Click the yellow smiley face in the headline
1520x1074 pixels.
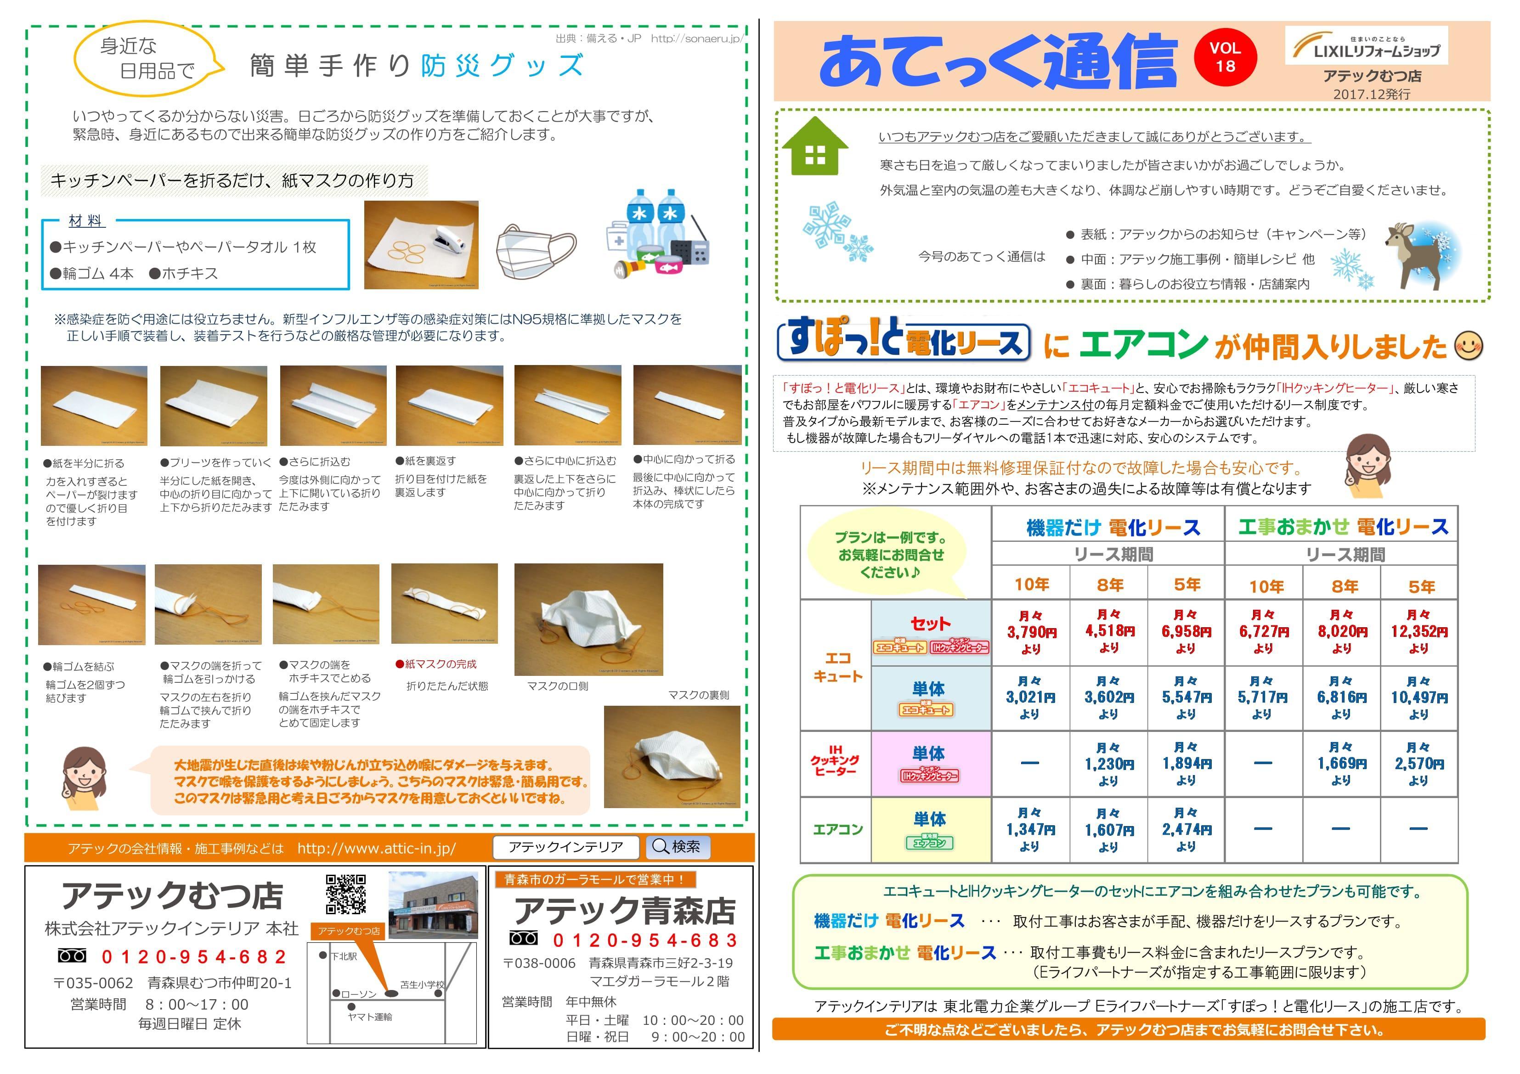[x=1469, y=345]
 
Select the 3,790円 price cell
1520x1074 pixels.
[x=1031, y=632]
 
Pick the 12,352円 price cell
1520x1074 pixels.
[x=1418, y=632]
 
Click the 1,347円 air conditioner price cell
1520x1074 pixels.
[x=1030, y=829]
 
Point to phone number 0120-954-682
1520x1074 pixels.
[x=193, y=957]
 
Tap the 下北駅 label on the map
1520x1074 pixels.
[x=344, y=956]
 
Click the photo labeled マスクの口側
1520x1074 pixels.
[x=588, y=619]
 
